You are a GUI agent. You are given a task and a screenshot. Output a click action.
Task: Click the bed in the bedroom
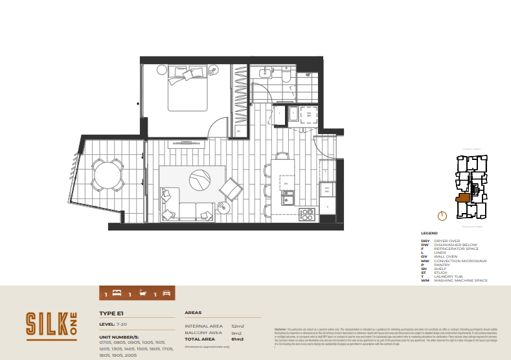point(188,91)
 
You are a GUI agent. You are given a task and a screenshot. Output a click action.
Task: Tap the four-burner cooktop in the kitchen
point(306,212)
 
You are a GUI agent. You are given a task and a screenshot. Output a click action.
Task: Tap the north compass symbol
point(442,216)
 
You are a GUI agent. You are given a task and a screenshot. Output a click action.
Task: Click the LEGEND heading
point(429,233)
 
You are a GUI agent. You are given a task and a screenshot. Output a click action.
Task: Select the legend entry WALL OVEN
point(446,256)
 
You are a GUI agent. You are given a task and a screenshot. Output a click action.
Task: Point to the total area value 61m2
point(237,339)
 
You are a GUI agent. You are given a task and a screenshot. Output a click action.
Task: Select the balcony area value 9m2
point(236,333)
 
